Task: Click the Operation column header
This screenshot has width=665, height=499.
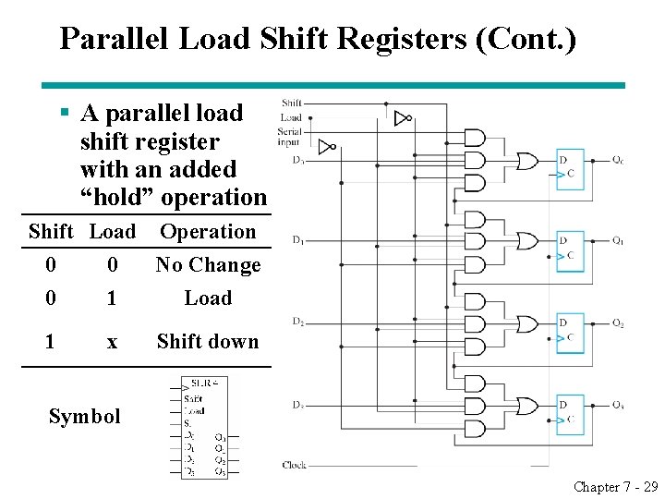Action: coord(208,232)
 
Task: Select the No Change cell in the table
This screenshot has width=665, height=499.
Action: coord(208,265)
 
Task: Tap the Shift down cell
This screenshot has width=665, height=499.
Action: coord(208,341)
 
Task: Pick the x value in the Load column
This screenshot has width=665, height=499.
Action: coord(112,341)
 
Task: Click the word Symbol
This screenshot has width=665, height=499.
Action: coord(84,417)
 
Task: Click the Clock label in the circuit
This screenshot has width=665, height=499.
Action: coord(294,465)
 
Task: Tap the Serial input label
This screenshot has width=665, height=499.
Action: coord(289,137)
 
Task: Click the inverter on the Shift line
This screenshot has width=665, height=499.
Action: coord(402,118)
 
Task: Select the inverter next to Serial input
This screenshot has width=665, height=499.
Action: coord(325,147)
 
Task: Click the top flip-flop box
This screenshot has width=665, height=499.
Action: coord(570,167)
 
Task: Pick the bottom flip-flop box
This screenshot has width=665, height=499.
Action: coord(570,412)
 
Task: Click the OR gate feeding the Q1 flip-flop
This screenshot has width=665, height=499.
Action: coord(527,241)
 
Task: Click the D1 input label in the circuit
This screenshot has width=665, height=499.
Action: coord(297,241)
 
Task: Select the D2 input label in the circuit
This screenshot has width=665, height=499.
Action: coord(297,322)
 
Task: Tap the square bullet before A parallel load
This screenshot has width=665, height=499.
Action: coord(65,114)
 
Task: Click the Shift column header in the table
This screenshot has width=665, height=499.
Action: coord(51,232)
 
